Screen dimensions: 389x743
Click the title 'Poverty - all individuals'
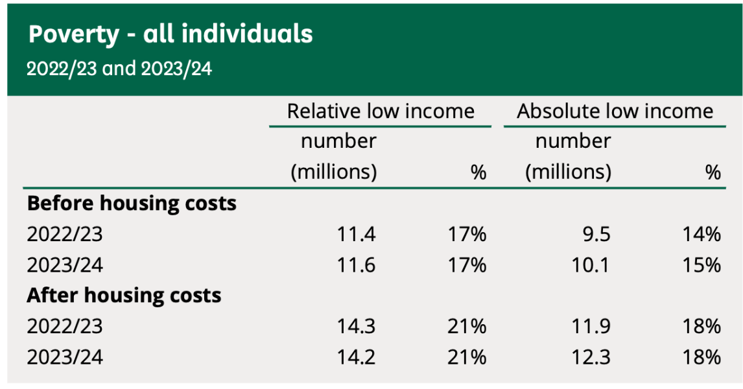(x=171, y=34)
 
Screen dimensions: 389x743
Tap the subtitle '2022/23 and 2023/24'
(x=119, y=69)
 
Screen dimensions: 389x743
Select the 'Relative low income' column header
(x=381, y=112)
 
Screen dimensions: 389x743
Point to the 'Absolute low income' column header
(x=615, y=112)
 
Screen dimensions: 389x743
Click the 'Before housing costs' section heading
(x=132, y=204)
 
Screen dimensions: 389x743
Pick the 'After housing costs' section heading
(x=124, y=296)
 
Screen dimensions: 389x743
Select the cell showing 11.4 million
(x=356, y=234)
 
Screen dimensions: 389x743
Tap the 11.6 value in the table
(x=356, y=265)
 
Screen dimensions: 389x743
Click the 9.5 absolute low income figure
(x=596, y=234)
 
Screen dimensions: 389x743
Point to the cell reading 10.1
(x=591, y=265)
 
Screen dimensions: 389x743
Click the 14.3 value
(x=356, y=327)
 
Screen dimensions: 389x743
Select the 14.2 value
(x=356, y=357)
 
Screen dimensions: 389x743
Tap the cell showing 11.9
(x=591, y=327)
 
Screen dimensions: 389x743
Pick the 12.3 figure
(x=591, y=357)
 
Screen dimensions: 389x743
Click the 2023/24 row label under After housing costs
(x=65, y=357)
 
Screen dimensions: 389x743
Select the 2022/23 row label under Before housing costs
(x=65, y=234)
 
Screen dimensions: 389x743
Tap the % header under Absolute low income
(x=713, y=172)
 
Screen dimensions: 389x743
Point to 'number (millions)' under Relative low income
(x=335, y=157)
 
